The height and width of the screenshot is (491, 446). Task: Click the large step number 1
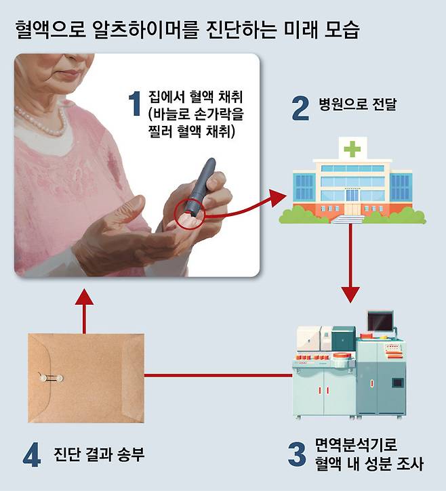pos(135,104)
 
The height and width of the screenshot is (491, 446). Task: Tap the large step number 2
pos(300,108)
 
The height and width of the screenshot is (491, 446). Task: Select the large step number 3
pos(296,454)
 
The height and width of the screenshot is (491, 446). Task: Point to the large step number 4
pos(32,454)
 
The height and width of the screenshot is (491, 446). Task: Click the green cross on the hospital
pos(352,149)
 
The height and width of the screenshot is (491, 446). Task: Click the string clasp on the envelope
pos(51,379)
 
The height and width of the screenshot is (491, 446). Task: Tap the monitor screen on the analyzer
pos(380,321)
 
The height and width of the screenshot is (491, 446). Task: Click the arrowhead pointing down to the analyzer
pos(350,295)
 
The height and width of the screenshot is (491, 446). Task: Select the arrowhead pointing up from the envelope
pos(84,297)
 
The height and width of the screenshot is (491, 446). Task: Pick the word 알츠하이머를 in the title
pos(146,30)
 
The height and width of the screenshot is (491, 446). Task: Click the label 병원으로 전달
pos(358,104)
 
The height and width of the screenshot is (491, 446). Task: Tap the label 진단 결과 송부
pos(99,454)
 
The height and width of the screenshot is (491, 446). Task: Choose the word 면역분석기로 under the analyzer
pos(356,444)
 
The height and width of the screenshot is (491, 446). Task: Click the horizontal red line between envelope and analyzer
pos(218,375)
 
